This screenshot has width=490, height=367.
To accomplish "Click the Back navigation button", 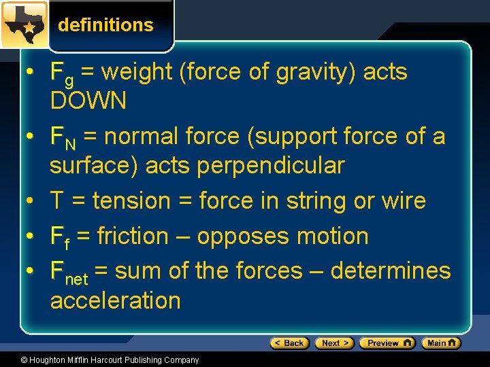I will (289, 343).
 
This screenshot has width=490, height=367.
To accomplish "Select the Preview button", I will (387, 343).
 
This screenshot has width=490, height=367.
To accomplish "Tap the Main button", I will (440, 343).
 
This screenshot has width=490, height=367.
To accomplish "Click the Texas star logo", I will (24, 24).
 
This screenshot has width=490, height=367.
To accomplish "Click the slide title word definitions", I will (105, 25).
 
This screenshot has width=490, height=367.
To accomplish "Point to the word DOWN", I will (88, 101).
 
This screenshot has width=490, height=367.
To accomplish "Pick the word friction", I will (132, 236).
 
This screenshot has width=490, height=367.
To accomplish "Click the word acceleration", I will (116, 300).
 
